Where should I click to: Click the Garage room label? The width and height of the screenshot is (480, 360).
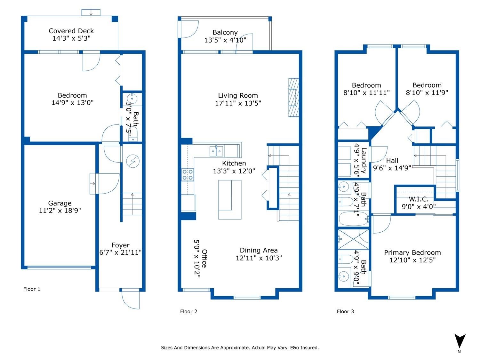(x=60, y=203)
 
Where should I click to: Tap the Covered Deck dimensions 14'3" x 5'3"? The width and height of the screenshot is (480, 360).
(x=71, y=38)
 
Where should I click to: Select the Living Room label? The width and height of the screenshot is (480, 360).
(x=238, y=95)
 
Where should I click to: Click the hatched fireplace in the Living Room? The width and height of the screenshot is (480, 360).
(x=293, y=98)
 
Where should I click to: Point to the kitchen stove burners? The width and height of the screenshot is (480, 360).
(x=188, y=175)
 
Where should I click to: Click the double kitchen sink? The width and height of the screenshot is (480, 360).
(x=216, y=151)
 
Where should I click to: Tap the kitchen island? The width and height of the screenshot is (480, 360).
(x=230, y=200)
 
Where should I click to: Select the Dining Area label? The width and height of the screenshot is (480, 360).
(x=259, y=250)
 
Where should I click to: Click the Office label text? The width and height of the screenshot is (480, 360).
(x=204, y=259)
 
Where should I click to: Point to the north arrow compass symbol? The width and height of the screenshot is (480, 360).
(x=460, y=341)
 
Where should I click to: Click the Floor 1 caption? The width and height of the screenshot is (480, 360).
(x=32, y=289)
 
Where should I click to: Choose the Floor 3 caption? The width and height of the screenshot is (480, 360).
(x=345, y=311)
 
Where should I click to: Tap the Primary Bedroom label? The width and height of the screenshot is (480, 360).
(x=412, y=253)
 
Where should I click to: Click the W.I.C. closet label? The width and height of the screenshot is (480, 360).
(x=419, y=199)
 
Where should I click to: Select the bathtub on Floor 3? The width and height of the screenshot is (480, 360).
(x=354, y=219)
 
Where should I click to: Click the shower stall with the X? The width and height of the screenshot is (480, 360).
(x=353, y=239)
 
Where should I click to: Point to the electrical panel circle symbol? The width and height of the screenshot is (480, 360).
(x=133, y=161)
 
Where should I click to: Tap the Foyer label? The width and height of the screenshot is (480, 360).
(x=121, y=245)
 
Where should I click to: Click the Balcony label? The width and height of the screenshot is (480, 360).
(x=225, y=33)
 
